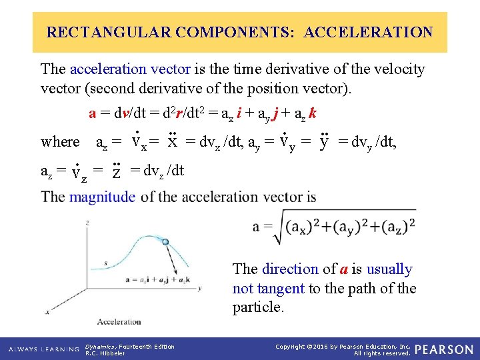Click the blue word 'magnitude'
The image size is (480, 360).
pyautogui.click(x=102, y=197)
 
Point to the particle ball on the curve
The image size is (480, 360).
pyautogui.click(x=166, y=242)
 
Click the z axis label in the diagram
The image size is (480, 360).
pyautogui.click(x=88, y=221)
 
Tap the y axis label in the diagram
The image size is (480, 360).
pyautogui.click(x=200, y=288)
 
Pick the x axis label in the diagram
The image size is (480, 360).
pyautogui.click(x=47, y=311)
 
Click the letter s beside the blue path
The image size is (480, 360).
pyautogui.click(x=106, y=264)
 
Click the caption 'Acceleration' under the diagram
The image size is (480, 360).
pyautogui.click(x=119, y=322)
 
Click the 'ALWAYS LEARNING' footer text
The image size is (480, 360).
pyautogui.click(x=45, y=349)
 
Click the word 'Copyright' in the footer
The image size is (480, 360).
pyautogui.click(x=291, y=346)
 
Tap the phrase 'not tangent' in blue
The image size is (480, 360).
pyautogui.click(x=268, y=289)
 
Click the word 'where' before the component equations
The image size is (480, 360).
pyautogui.click(x=59, y=141)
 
